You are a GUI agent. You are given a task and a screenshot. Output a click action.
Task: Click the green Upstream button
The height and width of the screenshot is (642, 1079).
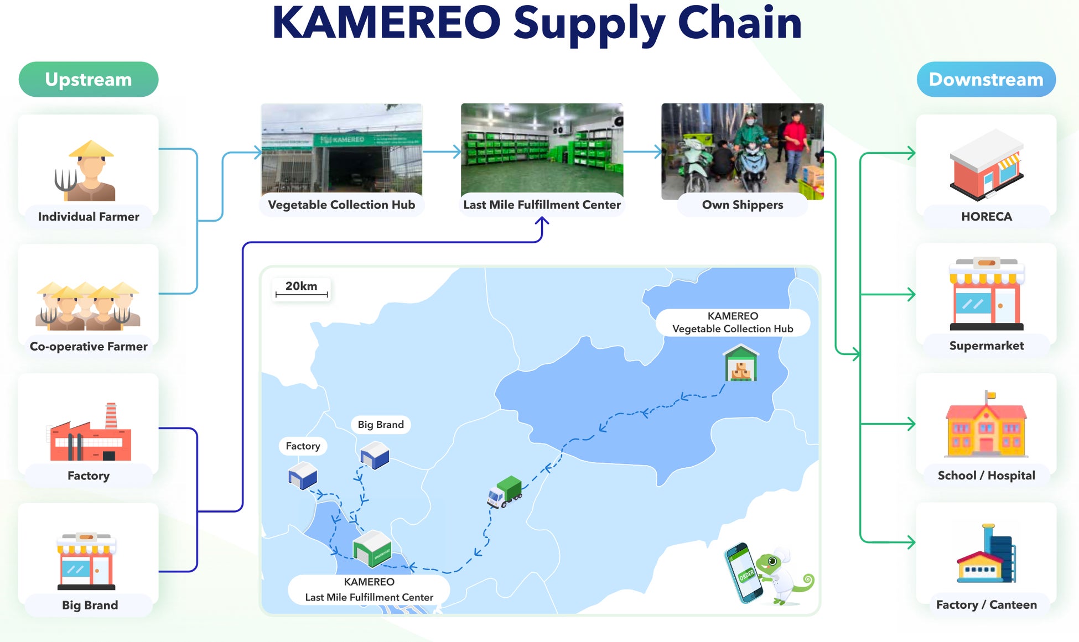[x=89, y=80]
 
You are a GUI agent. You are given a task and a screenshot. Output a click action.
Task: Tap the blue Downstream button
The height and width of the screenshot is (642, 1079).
[x=986, y=80]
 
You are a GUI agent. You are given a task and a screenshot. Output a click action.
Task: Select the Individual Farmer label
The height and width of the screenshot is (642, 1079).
[x=89, y=217]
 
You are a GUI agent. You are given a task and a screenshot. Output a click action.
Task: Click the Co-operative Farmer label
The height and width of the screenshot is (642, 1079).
[x=89, y=347]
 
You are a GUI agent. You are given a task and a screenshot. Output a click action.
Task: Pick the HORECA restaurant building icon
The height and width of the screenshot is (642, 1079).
[x=987, y=165]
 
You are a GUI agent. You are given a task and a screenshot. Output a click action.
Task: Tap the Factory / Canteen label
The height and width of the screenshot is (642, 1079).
[x=986, y=605]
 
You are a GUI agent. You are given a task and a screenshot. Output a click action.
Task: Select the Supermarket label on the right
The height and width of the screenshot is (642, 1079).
[x=986, y=346]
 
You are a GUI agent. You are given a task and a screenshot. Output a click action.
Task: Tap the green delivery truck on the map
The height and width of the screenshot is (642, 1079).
[x=505, y=492]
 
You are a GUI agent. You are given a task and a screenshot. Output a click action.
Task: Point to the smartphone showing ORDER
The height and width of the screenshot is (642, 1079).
[x=744, y=573]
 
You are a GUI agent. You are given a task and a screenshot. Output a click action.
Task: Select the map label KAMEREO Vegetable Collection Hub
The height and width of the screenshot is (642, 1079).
[x=733, y=322]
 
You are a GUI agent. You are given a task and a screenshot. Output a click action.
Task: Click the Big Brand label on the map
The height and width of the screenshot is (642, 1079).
[x=381, y=425]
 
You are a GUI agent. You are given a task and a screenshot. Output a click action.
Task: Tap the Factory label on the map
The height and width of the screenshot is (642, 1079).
[x=303, y=446]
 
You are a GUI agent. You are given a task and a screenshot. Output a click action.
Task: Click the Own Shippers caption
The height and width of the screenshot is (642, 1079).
[x=742, y=205]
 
